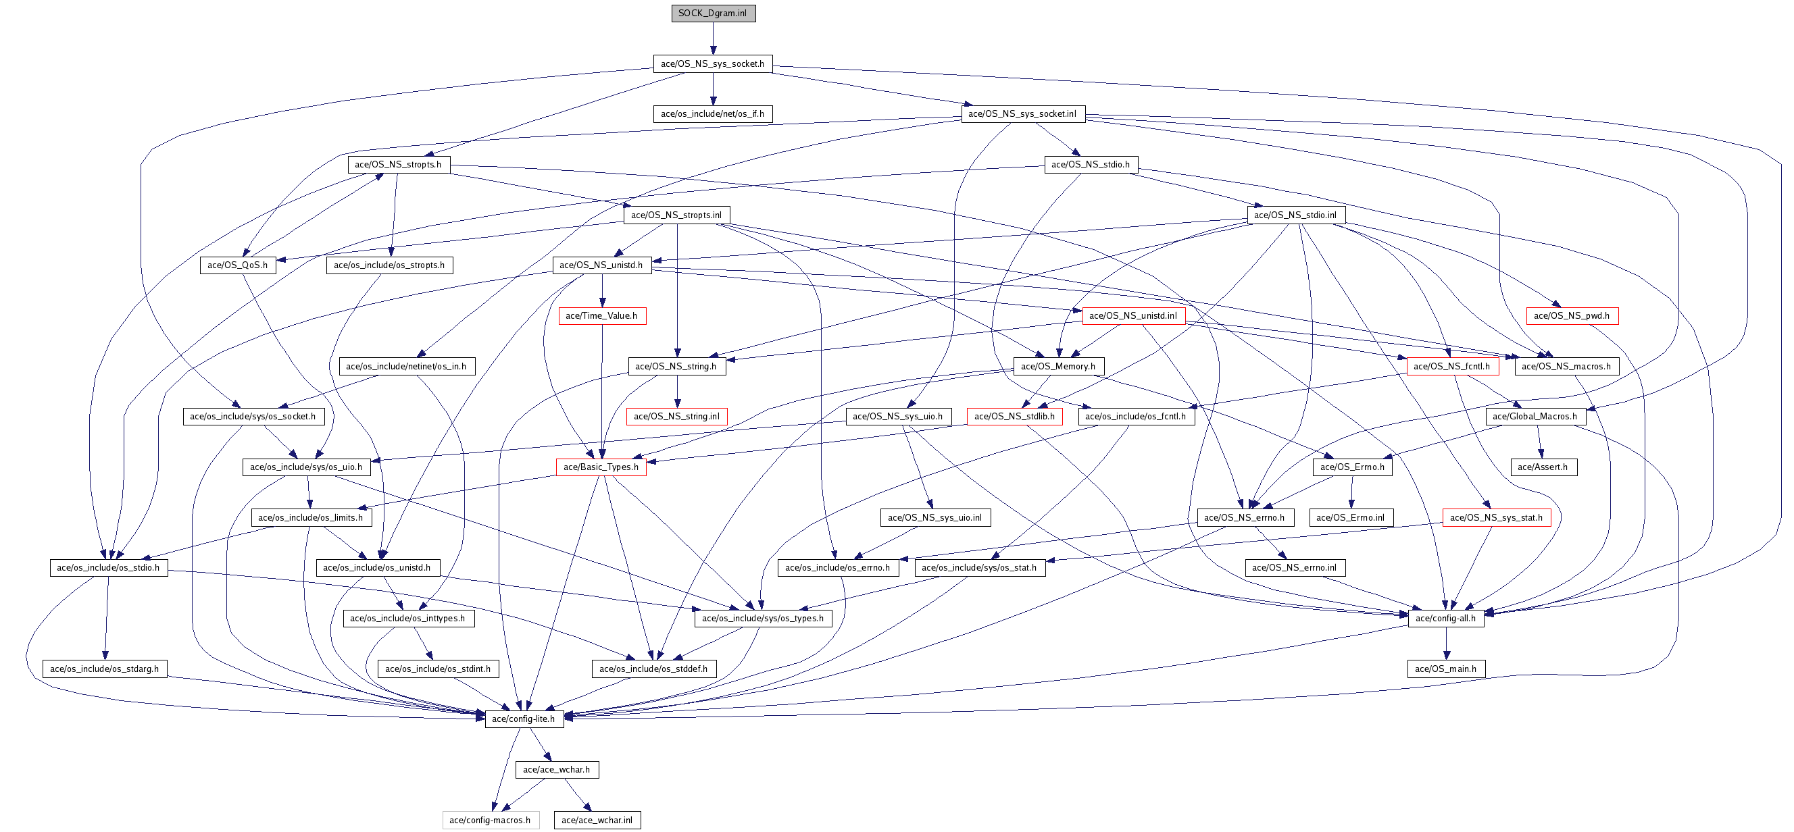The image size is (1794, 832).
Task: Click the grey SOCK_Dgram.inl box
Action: [713, 14]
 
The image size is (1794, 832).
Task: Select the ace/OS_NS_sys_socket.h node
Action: [712, 63]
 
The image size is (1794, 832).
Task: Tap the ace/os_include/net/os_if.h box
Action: [712, 114]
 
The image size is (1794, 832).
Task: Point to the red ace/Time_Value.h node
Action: [601, 316]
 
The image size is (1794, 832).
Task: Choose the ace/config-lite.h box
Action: [524, 719]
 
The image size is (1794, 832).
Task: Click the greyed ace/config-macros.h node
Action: [491, 820]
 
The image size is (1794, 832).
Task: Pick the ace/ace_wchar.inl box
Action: [597, 820]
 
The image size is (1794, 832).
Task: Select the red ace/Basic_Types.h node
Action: [601, 467]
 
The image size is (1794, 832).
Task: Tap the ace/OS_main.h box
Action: [1446, 669]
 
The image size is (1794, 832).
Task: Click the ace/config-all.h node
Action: [1446, 618]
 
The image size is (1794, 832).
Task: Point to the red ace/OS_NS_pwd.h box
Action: [1572, 316]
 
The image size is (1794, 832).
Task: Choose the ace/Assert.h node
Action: [1543, 467]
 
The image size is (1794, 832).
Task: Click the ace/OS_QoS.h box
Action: [237, 265]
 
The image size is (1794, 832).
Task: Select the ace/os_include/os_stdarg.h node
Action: [105, 669]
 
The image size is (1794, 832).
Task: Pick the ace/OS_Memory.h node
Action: [1058, 366]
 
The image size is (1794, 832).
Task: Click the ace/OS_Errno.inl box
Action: [1351, 517]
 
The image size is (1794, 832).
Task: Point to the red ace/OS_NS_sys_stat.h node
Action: [1497, 517]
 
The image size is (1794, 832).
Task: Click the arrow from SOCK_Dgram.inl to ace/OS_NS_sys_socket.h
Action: [712, 38]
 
